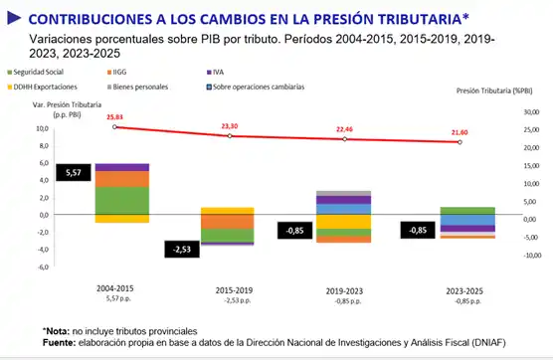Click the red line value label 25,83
pyautogui.click(x=117, y=117)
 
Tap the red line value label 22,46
pyautogui.click(x=345, y=129)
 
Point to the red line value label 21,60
pyautogui.click(x=460, y=132)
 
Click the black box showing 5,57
pyautogui.click(x=74, y=173)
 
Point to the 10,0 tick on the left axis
pyautogui.click(x=42, y=129)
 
